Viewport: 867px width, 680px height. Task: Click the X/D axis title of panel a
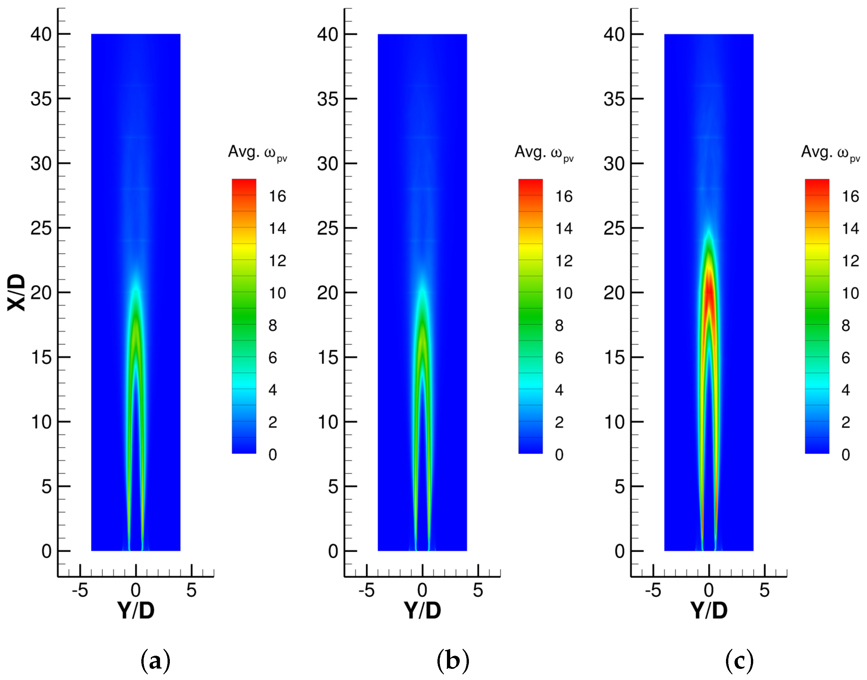[x=16, y=293]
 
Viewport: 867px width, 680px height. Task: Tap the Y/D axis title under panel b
[x=422, y=610]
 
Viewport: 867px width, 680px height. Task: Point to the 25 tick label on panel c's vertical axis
[x=614, y=228]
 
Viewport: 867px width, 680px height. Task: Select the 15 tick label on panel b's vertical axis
[x=328, y=358]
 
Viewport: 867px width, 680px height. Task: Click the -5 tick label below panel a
[x=80, y=591]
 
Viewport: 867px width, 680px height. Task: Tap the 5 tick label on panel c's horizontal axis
[x=764, y=591]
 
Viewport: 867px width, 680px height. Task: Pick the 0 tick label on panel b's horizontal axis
[x=422, y=591]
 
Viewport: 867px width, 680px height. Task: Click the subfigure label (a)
[x=155, y=661]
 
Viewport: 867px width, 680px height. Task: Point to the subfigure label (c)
[x=739, y=661]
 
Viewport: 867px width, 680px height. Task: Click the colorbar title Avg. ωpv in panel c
[x=830, y=153]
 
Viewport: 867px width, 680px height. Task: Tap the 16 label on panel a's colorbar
[x=277, y=196]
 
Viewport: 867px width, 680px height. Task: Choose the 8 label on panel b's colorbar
[x=559, y=326]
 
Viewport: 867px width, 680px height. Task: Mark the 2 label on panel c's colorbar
[x=845, y=422]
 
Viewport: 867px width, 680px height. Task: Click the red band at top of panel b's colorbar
[x=530, y=185]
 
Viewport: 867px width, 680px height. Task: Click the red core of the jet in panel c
[x=709, y=295]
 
